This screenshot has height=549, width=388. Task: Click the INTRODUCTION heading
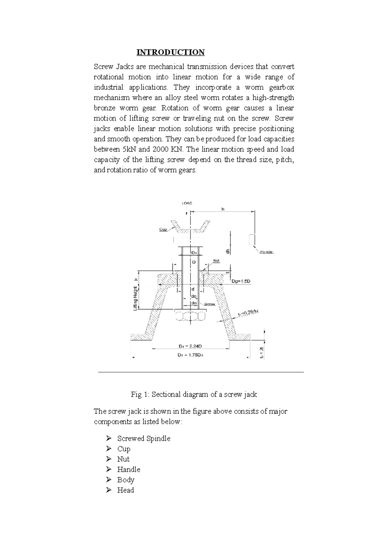click(x=170, y=52)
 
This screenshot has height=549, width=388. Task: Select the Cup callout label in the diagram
click(x=163, y=229)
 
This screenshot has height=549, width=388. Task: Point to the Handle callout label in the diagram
click(x=267, y=252)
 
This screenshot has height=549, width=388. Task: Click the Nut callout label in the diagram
click(x=216, y=260)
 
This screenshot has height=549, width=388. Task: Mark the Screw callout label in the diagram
click(x=210, y=304)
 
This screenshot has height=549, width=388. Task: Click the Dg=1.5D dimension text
click(x=241, y=281)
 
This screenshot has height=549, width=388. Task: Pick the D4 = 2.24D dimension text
click(x=190, y=346)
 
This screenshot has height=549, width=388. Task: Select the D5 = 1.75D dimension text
click(x=190, y=354)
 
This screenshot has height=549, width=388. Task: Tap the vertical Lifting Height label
click(x=136, y=298)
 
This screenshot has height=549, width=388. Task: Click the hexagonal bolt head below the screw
click(x=190, y=315)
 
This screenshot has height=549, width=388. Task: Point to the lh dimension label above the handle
click(x=222, y=209)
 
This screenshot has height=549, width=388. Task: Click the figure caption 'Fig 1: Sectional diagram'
click(x=194, y=394)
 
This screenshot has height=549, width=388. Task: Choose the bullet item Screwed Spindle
click(x=144, y=438)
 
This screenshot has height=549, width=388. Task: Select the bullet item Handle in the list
click(x=129, y=469)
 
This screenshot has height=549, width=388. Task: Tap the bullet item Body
click(x=125, y=480)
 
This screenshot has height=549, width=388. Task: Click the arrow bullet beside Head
click(x=108, y=490)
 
